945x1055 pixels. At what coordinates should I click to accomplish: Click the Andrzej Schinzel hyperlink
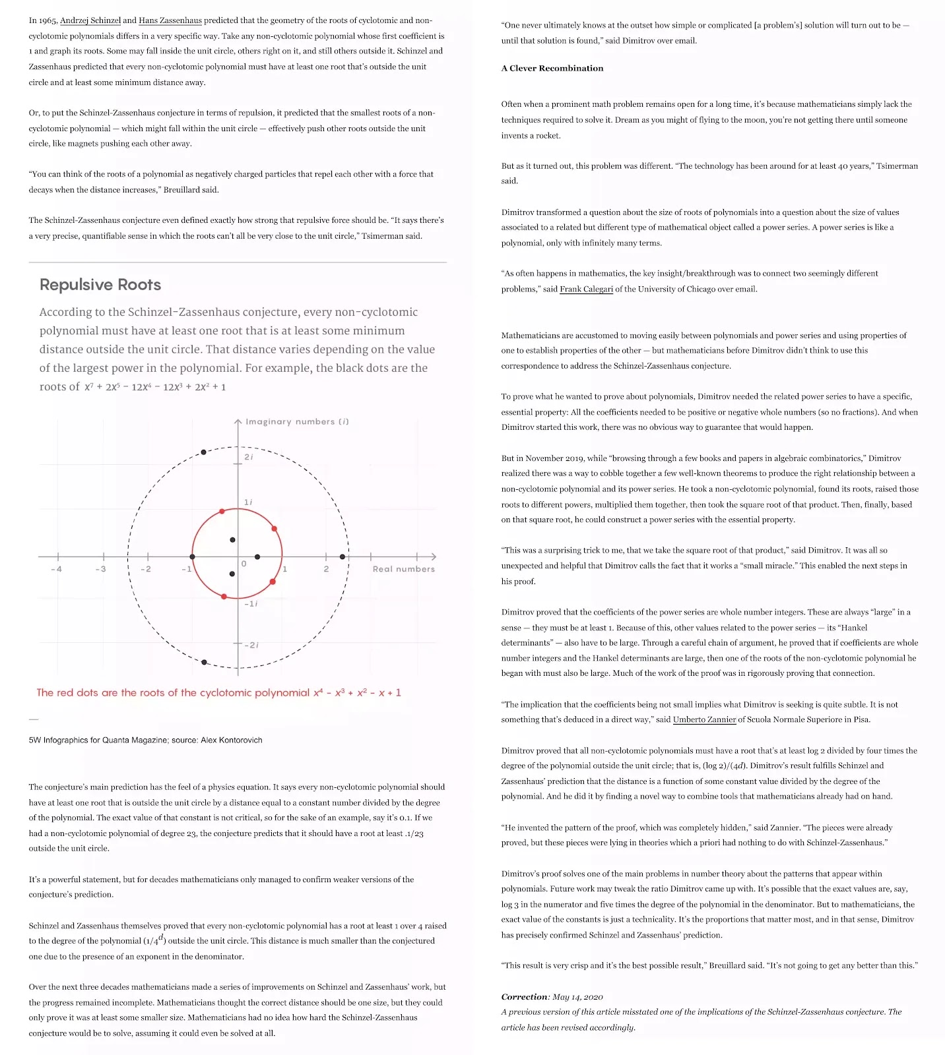tap(90, 20)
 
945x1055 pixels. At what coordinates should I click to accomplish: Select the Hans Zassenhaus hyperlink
tap(170, 20)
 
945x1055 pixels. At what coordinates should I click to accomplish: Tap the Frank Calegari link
tap(586, 289)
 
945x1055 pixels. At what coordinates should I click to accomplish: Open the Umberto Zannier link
tap(704, 719)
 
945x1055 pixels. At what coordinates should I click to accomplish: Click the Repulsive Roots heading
tap(100, 285)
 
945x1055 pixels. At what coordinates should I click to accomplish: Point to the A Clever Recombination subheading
tap(552, 68)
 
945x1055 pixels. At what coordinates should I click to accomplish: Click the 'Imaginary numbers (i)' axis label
tap(297, 422)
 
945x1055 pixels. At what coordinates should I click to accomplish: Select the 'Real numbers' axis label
tap(404, 569)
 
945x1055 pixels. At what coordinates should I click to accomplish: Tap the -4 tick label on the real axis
tap(56, 569)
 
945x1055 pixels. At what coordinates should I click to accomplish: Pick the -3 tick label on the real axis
tap(100, 569)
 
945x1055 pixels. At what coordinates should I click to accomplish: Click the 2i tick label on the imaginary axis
tap(249, 457)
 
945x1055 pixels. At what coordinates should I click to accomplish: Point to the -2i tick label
tap(251, 645)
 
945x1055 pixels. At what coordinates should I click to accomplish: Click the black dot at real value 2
tap(342, 557)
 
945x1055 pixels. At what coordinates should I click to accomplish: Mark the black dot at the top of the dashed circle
tap(203, 452)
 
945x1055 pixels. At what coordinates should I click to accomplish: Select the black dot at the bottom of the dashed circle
tap(204, 662)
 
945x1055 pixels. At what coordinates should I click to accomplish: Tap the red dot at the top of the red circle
tap(222, 511)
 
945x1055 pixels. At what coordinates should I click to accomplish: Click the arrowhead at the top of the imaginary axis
tap(238, 421)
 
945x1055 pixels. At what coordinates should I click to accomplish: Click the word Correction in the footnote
tap(525, 997)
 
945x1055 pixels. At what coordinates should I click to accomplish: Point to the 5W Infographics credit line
tap(145, 740)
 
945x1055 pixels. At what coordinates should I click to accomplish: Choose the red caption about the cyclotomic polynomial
tap(218, 693)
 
